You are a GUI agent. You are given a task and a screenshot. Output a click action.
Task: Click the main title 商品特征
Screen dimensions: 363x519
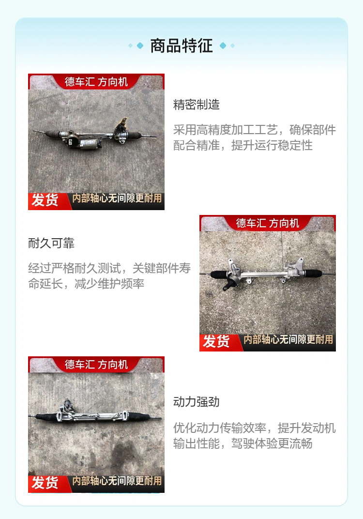pos(181,46)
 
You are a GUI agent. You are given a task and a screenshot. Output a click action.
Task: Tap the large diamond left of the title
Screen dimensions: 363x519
pos(140,46)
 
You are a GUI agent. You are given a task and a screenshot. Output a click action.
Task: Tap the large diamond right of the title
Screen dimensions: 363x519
pos(223,46)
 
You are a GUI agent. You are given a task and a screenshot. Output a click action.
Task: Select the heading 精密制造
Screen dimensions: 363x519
pos(196,105)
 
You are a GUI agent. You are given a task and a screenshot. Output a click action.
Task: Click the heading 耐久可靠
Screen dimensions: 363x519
pos(51,243)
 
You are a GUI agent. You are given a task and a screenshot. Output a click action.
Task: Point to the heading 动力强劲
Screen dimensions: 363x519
pos(196,402)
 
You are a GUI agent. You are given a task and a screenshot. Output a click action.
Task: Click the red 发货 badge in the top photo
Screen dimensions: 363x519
pos(45,200)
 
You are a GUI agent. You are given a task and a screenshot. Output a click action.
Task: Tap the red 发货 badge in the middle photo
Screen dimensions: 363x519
pos(216,342)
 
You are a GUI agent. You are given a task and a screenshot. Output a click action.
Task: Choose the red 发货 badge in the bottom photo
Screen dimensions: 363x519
pos(45,483)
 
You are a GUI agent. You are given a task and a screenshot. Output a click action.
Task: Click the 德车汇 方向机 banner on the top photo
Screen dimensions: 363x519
pos(96,81)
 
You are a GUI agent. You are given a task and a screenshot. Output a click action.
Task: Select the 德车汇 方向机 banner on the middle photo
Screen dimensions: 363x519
pos(268,223)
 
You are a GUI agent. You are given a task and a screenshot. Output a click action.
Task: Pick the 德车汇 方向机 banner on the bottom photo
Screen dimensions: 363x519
pos(96,365)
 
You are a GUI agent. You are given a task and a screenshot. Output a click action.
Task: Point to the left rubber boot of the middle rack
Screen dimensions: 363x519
pos(220,274)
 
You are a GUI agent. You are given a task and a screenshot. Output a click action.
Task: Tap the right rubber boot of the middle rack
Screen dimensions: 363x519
pos(313,274)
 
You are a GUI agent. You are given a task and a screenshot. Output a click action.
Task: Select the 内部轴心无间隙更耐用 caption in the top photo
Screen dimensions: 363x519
pos(117,198)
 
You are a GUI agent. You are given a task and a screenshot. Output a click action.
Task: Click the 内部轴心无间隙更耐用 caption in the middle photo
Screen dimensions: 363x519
pos(288,339)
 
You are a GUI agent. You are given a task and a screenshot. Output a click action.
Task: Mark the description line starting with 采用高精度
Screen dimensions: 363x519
pos(255,130)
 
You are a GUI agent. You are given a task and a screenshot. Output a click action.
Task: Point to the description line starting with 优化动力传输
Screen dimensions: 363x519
pos(255,428)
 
